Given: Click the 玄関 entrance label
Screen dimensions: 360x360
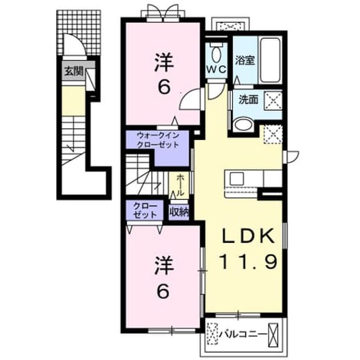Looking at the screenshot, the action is pyautogui.click(x=73, y=72).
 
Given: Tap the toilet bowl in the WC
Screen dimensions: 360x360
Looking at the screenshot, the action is pyautogui.click(x=215, y=53).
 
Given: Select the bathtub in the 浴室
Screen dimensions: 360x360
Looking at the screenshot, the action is pyautogui.click(x=270, y=61).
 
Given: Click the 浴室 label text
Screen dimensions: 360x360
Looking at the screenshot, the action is pyautogui.click(x=245, y=61).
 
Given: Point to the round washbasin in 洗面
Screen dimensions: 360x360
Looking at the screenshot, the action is pyautogui.click(x=243, y=124).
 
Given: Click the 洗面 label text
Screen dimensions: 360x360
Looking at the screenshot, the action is pyautogui.click(x=248, y=100).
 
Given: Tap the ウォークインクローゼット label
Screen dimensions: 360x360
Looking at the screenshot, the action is pyautogui.click(x=158, y=140).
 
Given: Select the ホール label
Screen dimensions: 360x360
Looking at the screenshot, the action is pyautogui.click(x=181, y=185).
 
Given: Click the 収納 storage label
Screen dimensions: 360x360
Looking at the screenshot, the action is pyautogui.click(x=179, y=213).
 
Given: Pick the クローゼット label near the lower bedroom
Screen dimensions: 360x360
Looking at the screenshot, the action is pyautogui.click(x=145, y=210).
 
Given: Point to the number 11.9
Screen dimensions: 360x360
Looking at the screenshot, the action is pyautogui.click(x=249, y=262).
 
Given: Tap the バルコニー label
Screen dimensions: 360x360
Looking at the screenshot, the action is pyautogui.click(x=243, y=334).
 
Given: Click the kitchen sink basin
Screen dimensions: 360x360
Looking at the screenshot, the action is pyautogui.click(x=237, y=179).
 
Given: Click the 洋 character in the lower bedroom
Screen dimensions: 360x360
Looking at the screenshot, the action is pyautogui.click(x=164, y=266).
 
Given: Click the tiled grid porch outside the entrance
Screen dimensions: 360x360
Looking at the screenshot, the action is pyautogui.click(x=79, y=33).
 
